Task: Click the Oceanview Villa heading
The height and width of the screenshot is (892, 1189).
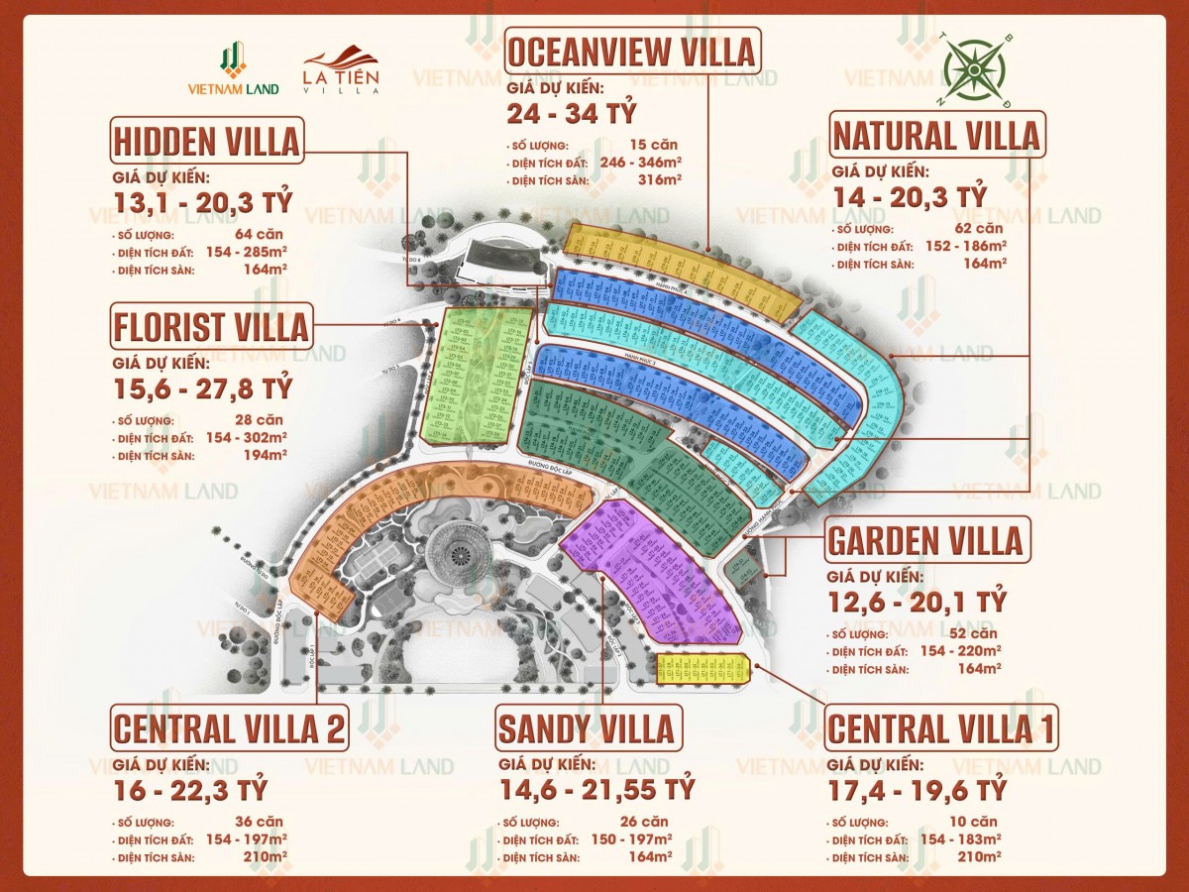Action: (631, 49)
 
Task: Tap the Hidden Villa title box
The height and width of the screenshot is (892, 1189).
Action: (206, 142)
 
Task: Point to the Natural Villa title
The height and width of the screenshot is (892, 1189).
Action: (935, 135)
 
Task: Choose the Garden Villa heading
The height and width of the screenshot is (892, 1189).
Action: (924, 540)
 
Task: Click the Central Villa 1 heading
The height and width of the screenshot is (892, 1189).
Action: (940, 728)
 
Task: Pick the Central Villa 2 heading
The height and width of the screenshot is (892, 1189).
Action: (229, 729)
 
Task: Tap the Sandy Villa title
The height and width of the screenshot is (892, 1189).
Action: (587, 728)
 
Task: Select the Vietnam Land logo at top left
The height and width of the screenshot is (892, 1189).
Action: (234, 68)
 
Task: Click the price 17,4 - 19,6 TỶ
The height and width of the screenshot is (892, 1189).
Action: (917, 790)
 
